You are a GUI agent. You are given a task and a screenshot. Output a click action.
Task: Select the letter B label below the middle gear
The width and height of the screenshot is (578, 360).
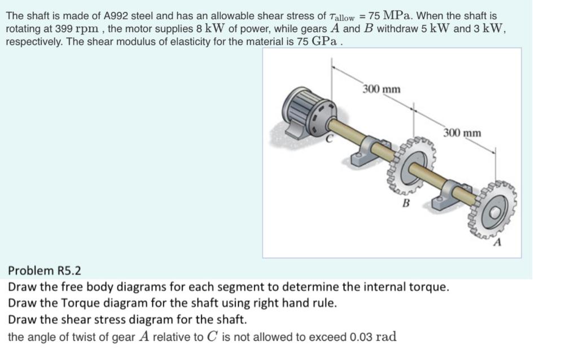(x=405, y=203)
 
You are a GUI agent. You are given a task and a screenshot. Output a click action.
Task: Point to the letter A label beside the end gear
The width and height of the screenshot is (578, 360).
(x=497, y=243)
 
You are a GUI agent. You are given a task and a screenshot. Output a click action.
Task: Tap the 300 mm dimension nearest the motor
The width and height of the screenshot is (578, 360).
(x=382, y=89)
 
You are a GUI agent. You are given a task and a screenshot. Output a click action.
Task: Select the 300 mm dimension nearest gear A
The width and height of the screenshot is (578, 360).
(x=462, y=133)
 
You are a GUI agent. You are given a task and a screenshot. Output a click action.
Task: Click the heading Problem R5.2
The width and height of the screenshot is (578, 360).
(x=45, y=271)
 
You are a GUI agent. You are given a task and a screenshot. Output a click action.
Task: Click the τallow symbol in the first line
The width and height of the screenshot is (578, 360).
(x=343, y=17)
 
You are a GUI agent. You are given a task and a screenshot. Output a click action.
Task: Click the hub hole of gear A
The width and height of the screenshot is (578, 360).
(x=495, y=213)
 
